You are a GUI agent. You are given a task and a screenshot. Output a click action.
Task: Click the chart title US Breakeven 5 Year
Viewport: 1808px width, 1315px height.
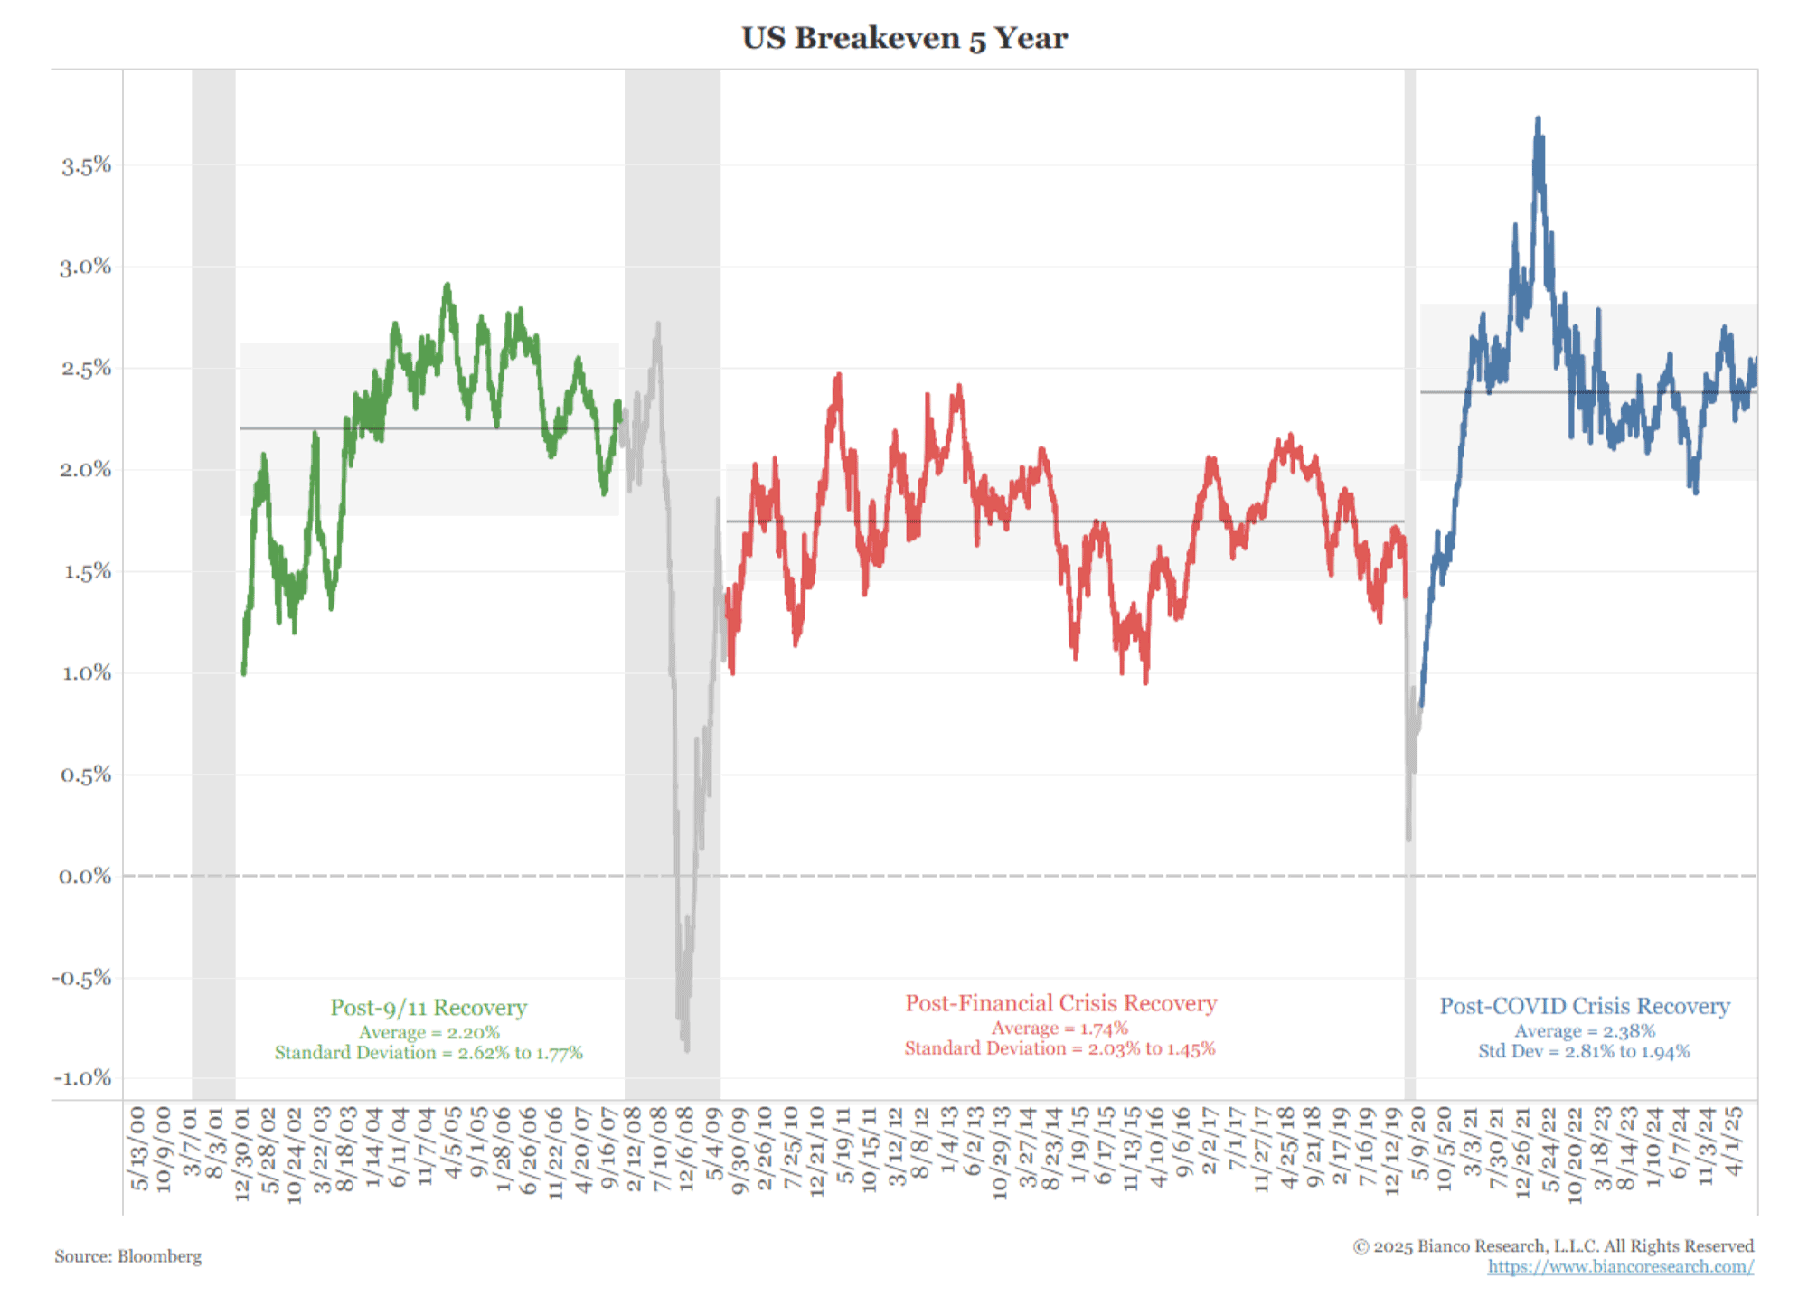point(904,39)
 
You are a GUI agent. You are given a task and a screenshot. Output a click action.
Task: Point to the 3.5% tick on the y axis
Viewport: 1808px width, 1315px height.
point(86,165)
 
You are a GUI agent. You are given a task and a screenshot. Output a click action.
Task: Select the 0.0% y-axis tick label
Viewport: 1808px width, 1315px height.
point(85,877)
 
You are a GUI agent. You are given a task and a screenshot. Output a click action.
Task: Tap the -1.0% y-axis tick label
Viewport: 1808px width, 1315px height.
point(82,1078)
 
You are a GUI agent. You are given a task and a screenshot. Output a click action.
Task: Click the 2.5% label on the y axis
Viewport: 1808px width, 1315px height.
point(86,369)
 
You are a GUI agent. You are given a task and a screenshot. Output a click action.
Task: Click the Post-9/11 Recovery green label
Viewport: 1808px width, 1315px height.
point(428,1008)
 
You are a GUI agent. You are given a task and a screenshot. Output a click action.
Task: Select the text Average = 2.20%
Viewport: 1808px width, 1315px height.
point(428,1032)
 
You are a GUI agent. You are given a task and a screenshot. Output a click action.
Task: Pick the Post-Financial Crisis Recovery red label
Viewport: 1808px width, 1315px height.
point(1060,1003)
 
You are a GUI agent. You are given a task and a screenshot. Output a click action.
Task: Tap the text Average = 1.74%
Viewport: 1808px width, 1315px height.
point(1059,1028)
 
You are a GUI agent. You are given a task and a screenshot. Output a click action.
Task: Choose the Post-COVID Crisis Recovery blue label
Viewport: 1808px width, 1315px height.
point(1584,1006)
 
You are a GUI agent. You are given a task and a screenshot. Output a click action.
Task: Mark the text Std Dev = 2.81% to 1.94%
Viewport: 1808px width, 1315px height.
point(1584,1051)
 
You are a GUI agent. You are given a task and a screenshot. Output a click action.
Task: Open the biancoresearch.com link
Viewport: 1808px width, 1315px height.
point(1620,1266)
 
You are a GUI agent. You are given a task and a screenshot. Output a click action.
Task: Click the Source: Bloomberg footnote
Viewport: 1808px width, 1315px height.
point(127,1256)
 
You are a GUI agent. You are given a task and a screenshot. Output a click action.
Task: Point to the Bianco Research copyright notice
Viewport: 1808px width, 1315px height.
point(1552,1246)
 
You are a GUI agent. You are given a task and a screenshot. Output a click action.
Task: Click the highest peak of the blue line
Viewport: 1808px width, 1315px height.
point(1538,118)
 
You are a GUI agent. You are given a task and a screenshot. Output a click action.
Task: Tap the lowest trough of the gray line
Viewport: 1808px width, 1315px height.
point(687,1048)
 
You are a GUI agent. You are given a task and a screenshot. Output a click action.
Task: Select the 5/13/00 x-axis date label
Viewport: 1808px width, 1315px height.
point(137,1148)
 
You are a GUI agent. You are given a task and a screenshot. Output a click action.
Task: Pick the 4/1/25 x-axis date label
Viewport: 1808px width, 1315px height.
point(1734,1141)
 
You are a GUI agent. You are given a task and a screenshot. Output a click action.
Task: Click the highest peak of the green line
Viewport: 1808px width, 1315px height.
point(447,286)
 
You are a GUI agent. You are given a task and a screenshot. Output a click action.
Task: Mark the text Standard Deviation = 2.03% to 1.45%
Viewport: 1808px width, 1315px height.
point(1059,1048)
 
